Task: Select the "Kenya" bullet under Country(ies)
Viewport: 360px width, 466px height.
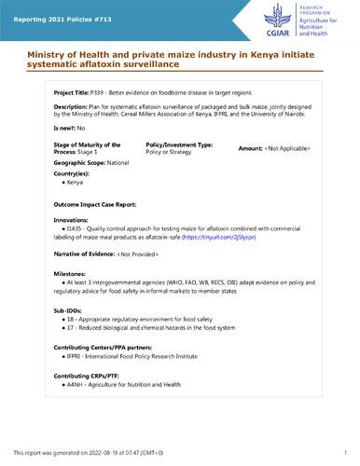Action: tap(74, 182)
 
